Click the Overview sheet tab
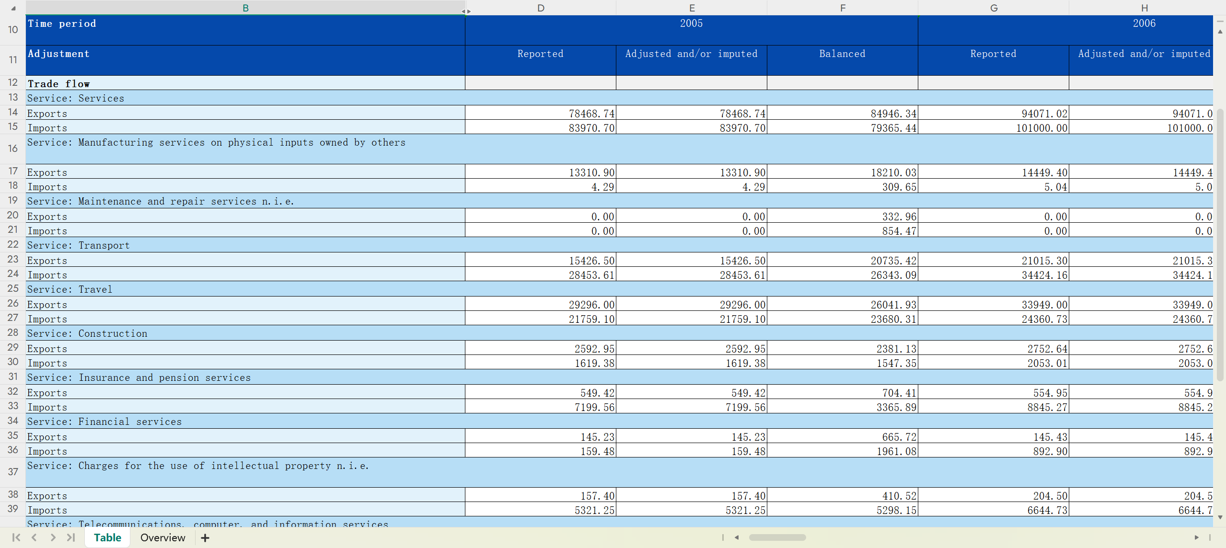tap(162, 537)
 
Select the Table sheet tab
tap(107, 537)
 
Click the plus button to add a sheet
tap(205, 538)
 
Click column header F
tap(842, 8)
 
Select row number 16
tap(13, 148)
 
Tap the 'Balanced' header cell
tap(842, 54)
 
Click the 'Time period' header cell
tap(62, 24)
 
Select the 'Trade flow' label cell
tap(58, 84)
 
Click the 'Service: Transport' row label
tap(79, 245)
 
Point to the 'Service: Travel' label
tap(70, 289)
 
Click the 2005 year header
tap(691, 23)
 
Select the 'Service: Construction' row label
tap(87, 333)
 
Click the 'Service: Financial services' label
tap(104, 422)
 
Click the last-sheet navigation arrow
tap(71, 537)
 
